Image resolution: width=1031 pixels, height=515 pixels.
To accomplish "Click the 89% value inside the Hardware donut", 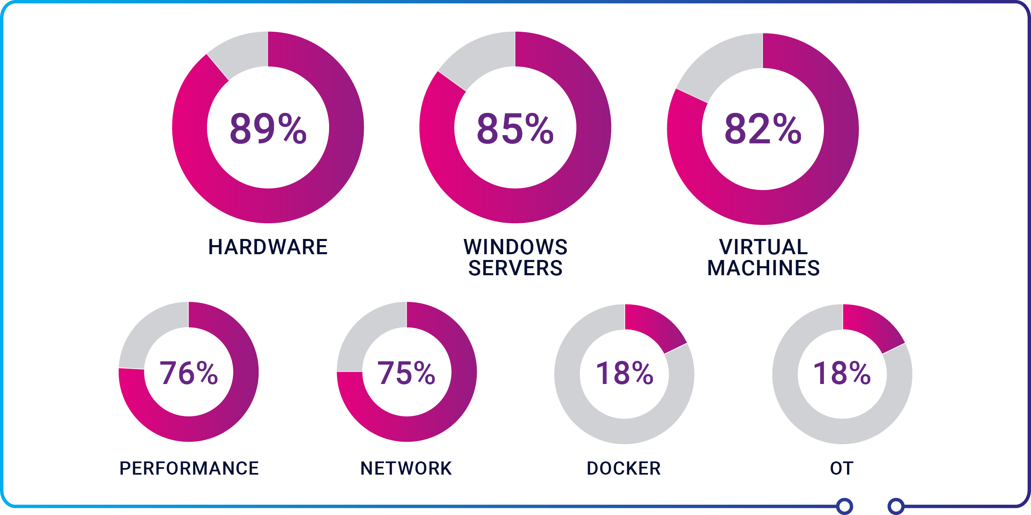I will point(268,128).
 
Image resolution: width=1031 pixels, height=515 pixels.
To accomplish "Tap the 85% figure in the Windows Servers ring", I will point(515,128).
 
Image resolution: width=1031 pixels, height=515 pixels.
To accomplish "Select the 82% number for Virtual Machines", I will point(763,129).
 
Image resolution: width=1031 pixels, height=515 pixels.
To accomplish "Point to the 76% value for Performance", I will point(188,373).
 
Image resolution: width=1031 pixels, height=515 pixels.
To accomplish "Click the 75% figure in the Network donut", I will point(406,373).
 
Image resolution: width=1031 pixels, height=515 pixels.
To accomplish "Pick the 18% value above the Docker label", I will point(624,373).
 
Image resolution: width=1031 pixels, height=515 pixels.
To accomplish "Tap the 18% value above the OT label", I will point(842,373).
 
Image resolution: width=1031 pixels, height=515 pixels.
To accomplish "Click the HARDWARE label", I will point(268,247).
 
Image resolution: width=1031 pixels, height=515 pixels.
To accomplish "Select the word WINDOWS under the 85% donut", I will point(515,247).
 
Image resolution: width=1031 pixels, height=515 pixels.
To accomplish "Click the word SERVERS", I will point(515,268).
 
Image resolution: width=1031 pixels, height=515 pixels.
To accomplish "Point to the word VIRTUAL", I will point(763,247).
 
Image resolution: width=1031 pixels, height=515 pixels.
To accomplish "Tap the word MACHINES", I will point(763,268).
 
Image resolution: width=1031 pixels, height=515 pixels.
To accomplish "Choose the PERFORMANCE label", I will point(189,468).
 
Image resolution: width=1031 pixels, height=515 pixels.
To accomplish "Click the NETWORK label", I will point(406,468).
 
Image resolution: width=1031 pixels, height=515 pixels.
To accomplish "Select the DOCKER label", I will point(624,468).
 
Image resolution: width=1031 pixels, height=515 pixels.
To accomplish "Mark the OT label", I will point(842,468).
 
